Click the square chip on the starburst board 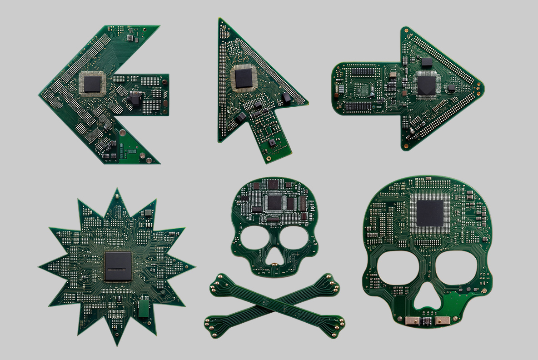(118, 266)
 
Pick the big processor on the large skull (430, 213)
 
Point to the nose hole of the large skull (427, 300)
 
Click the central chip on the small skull (274, 202)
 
